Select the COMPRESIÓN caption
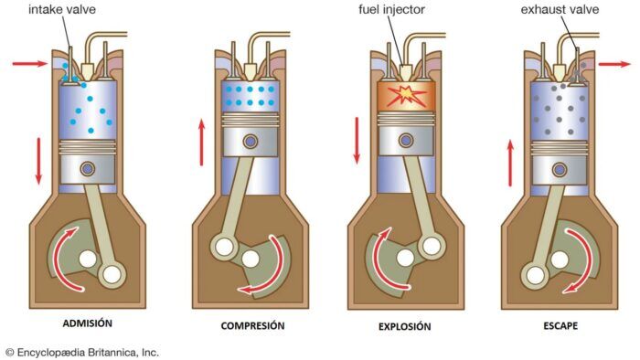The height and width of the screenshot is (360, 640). coord(252,326)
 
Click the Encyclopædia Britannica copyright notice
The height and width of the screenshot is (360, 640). coord(82,351)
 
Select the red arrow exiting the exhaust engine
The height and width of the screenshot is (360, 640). coord(613,65)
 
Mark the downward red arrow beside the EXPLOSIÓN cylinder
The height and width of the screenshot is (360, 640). coord(357,142)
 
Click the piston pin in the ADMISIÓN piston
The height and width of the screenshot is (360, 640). coord(88,168)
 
